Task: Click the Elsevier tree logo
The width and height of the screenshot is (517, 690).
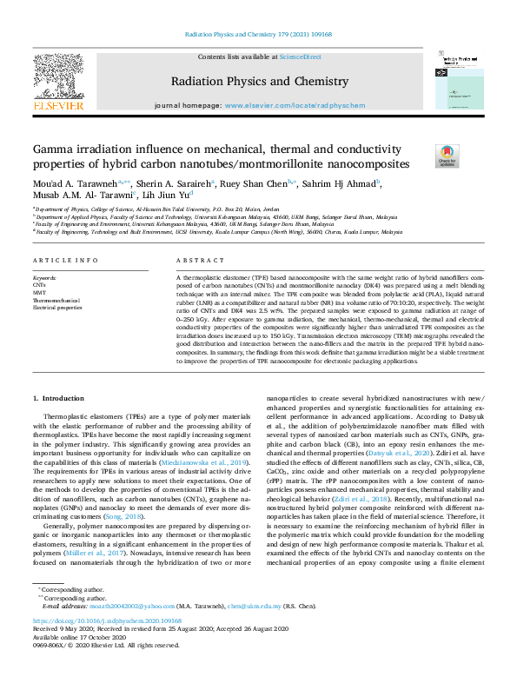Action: click(x=58, y=76)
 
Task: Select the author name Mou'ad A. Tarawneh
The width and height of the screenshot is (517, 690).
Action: click(x=73, y=183)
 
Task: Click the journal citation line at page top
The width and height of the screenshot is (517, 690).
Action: click(x=258, y=36)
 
